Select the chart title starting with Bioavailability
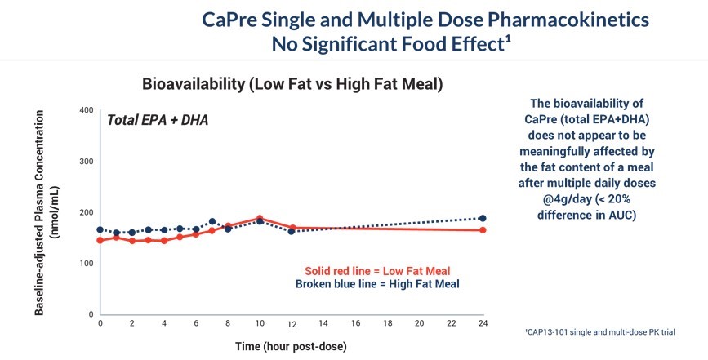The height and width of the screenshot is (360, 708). [x=292, y=84]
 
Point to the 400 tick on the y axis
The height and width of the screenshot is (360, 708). [x=87, y=110]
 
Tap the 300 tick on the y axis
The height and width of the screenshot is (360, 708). [x=87, y=162]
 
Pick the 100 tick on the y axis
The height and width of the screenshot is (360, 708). [x=87, y=264]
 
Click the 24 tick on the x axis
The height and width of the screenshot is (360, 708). [x=483, y=323]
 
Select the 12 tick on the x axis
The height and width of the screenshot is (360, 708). [x=292, y=323]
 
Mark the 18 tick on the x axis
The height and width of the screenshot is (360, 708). [x=387, y=323]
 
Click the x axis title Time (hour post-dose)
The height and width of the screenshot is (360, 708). [x=292, y=346]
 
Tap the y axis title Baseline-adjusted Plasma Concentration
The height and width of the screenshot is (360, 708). [x=44, y=210]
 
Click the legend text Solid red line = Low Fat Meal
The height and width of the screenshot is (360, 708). [x=378, y=271]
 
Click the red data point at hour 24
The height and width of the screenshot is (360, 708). [x=483, y=230]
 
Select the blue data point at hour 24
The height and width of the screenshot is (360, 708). [x=483, y=218]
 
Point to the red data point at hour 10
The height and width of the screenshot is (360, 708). [x=260, y=218]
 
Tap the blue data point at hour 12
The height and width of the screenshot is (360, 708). [x=292, y=231]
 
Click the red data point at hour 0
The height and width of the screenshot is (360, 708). [x=100, y=240]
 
